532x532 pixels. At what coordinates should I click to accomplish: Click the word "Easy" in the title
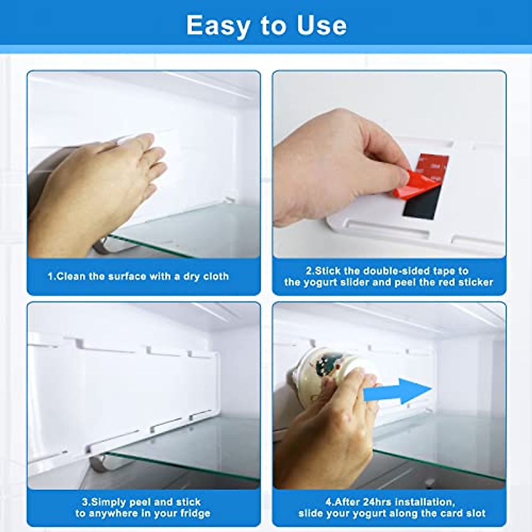coord(218,26)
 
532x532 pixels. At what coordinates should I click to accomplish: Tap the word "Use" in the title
coord(322,26)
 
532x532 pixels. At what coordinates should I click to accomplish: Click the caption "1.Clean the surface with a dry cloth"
coord(138,276)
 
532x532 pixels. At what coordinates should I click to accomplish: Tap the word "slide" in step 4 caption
coord(311,514)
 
